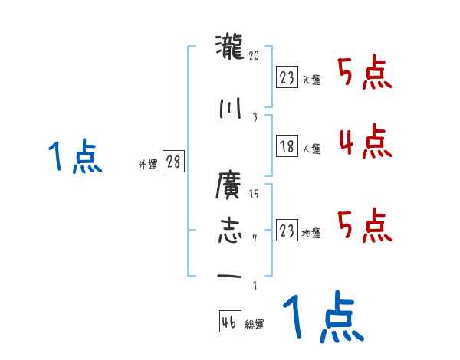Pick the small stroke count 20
(x=255, y=56)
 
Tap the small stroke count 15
(x=255, y=193)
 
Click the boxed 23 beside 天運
(x=286, y=77)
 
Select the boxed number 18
(x=286, y=147)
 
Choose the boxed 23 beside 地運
(x=286, y=231)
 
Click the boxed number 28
(x=173, y=162)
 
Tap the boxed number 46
(x=229, y=322)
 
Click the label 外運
(x=147, y=165)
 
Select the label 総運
(x=255, y=325)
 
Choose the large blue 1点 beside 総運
(x=323, y=316)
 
